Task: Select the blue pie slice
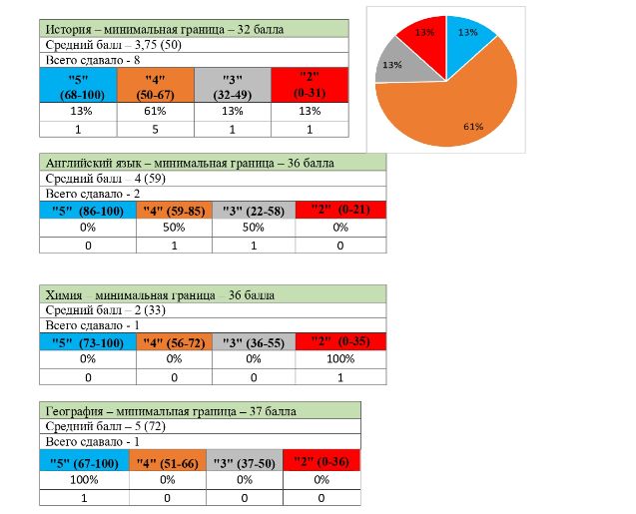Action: pos(464,36)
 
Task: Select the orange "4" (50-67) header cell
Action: pos(155,86)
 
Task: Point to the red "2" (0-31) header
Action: pos(310,86)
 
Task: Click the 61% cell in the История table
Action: pos(155,112)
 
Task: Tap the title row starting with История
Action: pos(194,30)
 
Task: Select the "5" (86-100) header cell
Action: pos(88,210)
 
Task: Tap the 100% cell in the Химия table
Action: pos(340,356)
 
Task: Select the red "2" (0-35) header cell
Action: pos(340,340)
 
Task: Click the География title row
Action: pos(200,409)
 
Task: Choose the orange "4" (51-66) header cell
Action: pos(169,461)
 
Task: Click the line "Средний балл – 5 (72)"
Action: pos(200,426)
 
